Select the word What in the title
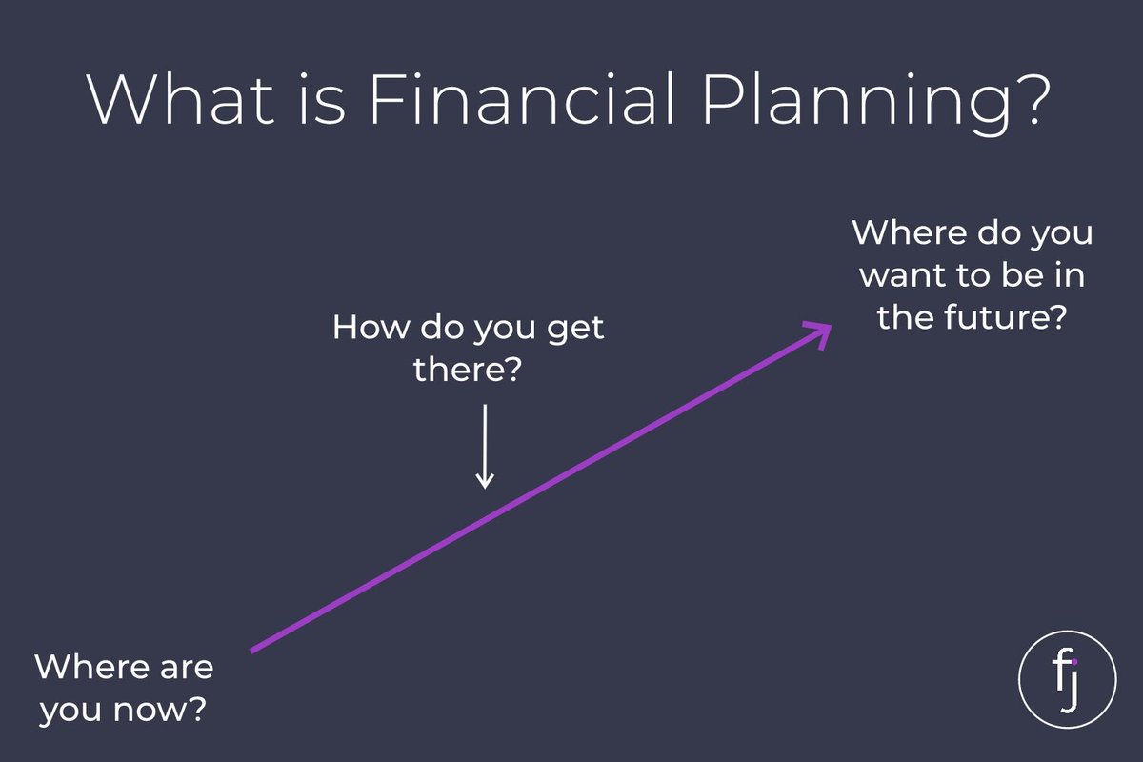click(x=181, y=98)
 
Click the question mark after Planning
click(x=1034, y=98)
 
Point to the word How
click(x=371, y=327)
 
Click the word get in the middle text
click(x=575, y=330)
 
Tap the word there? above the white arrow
click(x=468, y=369)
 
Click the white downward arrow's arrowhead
click(x=485, y=480)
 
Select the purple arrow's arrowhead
click(x=818, y=334)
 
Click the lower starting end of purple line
click(x=251, y=652)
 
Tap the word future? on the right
click(x=1005, y=317)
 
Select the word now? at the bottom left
click(x=160, y=710)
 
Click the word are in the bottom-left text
click(x=187, y=669)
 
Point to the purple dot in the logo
click(x=1074, y=662)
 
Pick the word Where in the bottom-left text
click(x=94, y=667)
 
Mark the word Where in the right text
click(x=911, y=232)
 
